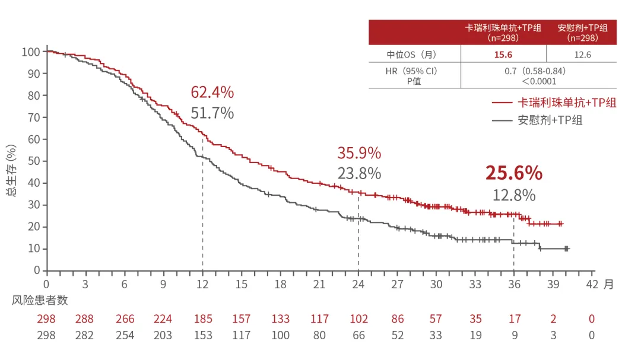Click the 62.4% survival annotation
(x=212, y=93)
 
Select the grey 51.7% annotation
(x=212, y=113)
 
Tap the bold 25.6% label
(x=513, y=173)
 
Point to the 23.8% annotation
(x=359, y=174)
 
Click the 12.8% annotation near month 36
(x=514, y=195)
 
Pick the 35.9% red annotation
(x=359, y=153)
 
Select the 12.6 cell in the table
(x=582, y=55)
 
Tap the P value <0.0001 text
(x=539, y=81)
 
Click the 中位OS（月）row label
(x=411, y=55)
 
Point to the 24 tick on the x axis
(x=358, y=284)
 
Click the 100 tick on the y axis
(x=30, y=52)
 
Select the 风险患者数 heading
(x=40, y=300)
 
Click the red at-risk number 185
(x=202, y=319)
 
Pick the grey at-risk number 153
(x=202, y=336)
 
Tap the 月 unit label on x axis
(x=608, y=284)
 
